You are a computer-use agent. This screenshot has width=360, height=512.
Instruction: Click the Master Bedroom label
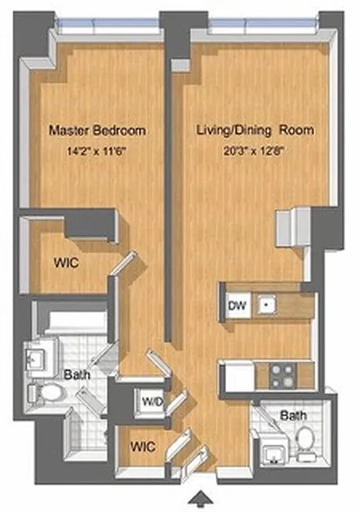coord(97,131)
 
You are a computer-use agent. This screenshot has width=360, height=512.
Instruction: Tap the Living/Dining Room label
coord(254,131)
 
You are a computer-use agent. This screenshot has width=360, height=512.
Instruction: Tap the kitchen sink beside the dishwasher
coord(263,306)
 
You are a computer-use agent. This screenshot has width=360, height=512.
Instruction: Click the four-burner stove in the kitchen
coord(280,376)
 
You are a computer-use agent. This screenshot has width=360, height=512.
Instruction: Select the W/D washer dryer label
coord(152,403)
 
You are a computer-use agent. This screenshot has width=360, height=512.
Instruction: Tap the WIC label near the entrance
coord(142,447)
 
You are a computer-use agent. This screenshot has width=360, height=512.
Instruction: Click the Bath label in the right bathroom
coord(293,416)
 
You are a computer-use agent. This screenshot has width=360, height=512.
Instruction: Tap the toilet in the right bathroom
coord(306,440)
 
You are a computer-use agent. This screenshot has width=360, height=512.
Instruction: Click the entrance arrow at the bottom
coord(202,497)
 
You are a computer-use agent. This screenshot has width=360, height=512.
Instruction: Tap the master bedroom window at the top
coord(107,26)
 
